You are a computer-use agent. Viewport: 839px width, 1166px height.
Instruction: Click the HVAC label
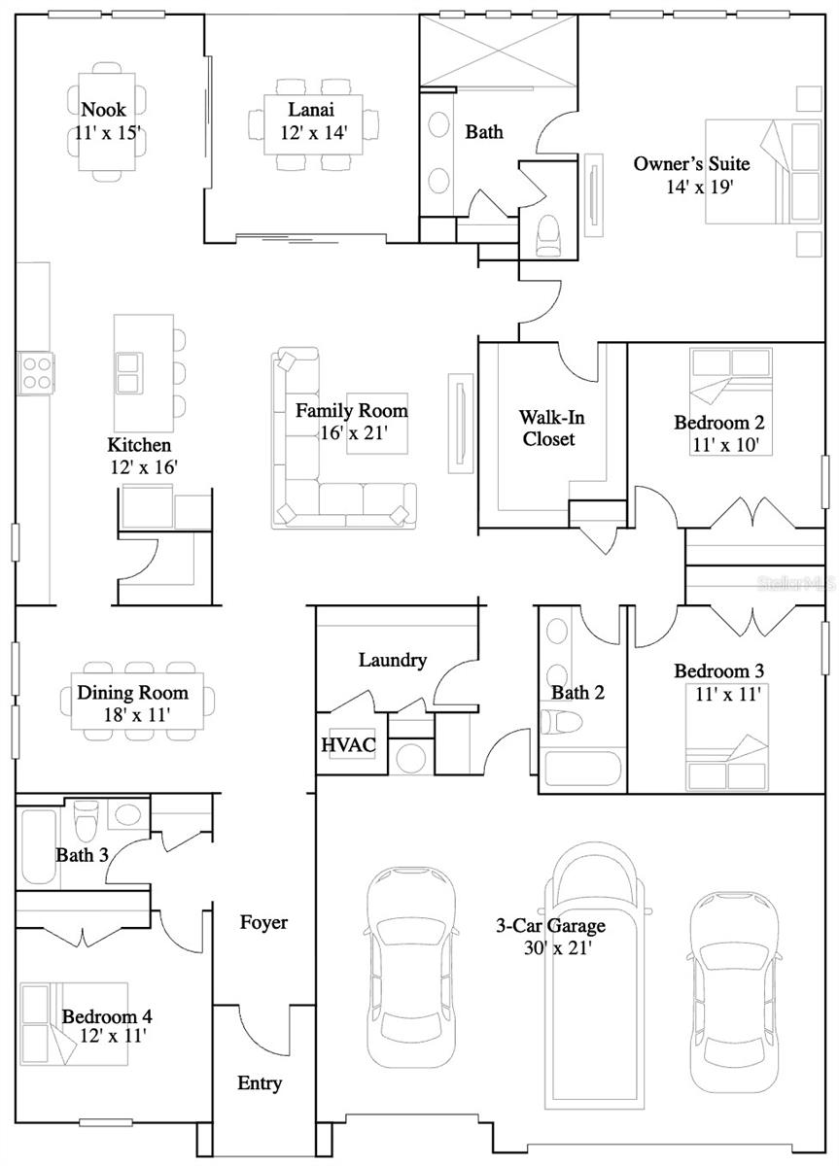click(x=341, y=745)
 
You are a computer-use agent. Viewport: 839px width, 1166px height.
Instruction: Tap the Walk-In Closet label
click(x=545, y=428)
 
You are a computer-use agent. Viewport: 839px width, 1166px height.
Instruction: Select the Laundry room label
click(x=393, y=661)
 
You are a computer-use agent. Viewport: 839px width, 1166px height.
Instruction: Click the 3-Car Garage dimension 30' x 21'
click(x=550, y=947)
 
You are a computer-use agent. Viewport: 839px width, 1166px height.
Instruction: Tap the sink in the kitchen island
click(x=128, y=371)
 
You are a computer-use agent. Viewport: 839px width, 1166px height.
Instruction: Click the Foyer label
click(x=263, y=922)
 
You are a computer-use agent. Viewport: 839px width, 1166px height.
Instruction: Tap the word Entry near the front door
click(x=260, y=1083)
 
